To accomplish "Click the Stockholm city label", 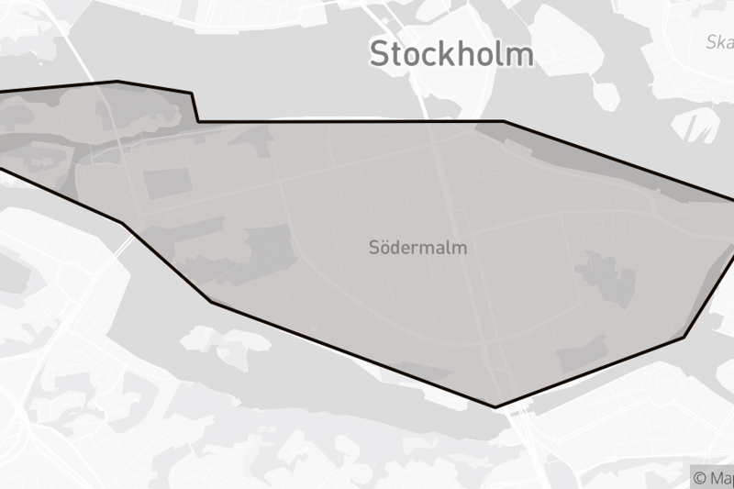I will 451,53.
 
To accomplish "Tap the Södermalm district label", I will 417,248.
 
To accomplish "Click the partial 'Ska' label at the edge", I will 719,41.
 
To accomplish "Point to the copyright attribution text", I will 713,478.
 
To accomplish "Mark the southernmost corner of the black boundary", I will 495,406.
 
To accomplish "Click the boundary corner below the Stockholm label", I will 504,121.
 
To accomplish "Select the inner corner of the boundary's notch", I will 198,121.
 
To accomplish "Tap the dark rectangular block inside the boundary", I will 166,183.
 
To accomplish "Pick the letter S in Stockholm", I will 381,53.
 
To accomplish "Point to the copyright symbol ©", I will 700,478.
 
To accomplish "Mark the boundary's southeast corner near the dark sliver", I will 684,336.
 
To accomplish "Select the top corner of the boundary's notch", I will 191,92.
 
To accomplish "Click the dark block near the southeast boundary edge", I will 582,353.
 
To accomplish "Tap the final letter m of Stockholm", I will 520,53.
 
